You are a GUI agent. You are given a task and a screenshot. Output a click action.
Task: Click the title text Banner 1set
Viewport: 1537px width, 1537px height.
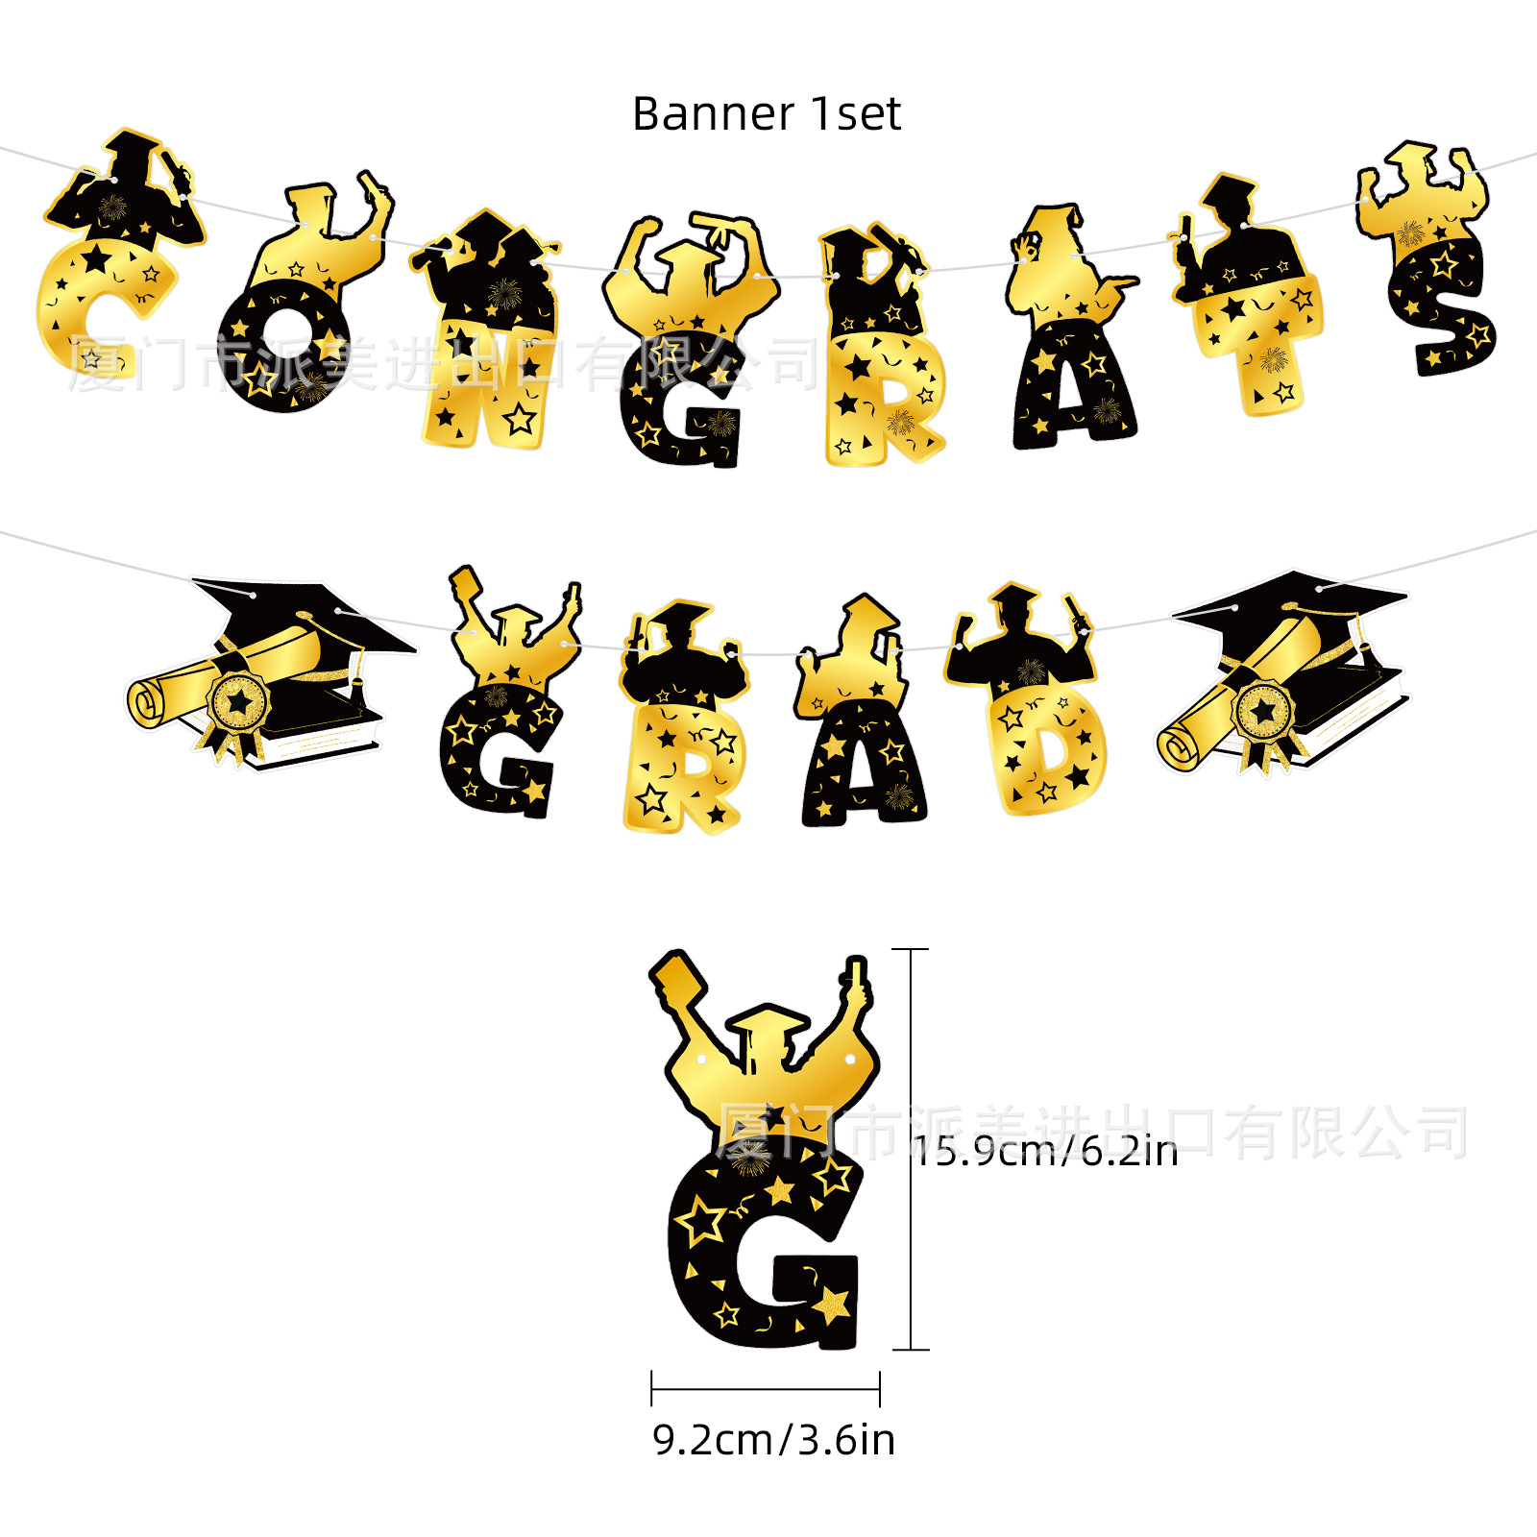[x=767, y=114]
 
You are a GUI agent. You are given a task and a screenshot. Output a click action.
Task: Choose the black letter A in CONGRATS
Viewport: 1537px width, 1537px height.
[x=1071, y=384]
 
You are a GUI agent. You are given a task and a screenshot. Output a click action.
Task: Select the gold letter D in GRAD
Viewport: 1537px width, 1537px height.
[x=1047, y=749]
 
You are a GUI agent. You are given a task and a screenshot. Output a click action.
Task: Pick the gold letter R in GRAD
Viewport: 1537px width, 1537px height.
[x=682, y=768]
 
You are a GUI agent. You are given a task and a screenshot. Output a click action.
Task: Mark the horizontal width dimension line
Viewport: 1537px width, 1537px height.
[x=766, y=1388]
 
